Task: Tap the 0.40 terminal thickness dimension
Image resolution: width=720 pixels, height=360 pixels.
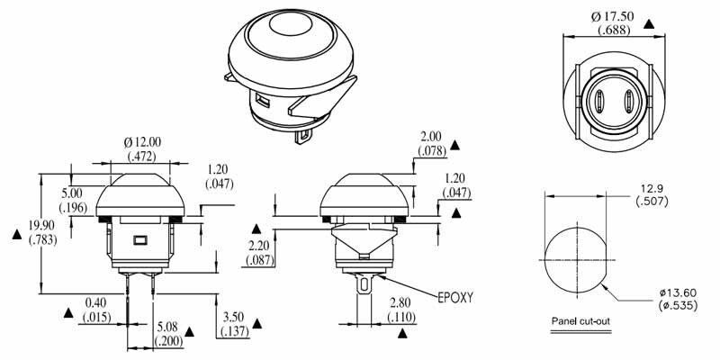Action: [94, 302]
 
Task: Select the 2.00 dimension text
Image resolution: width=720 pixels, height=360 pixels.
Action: [429, 137]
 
